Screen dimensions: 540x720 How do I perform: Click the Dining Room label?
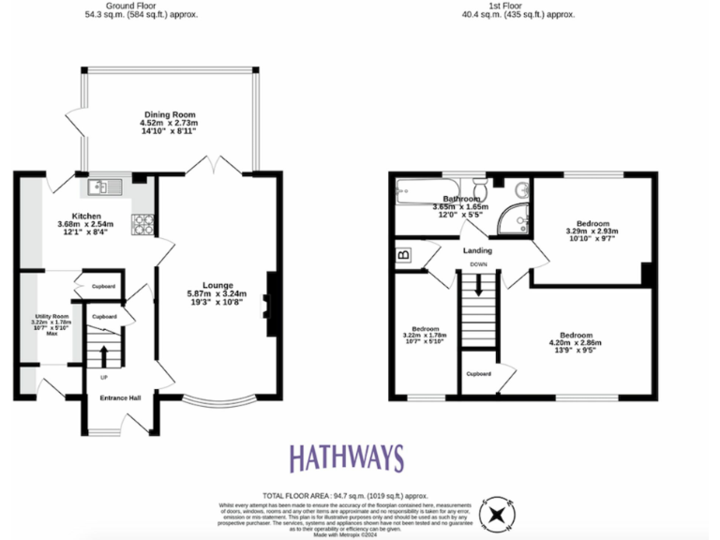tap(169, 113)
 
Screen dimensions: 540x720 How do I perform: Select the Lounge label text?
tap(216, 286)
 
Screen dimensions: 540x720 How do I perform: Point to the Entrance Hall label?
tap(120, 398)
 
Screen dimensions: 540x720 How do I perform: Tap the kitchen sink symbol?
tap(106, 187)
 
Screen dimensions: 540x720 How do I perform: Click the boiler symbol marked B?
tap(404, 254)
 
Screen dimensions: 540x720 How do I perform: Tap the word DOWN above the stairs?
tap(478, 264)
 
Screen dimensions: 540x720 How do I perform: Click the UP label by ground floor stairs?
tap(103, 377)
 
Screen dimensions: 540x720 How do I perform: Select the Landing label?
tap(477, 250)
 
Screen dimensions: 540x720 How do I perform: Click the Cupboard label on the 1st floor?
tap(478, 373)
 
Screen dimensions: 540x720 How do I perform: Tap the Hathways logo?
tap(346, 458)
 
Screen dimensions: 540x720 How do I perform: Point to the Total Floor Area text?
tap(344, 494)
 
